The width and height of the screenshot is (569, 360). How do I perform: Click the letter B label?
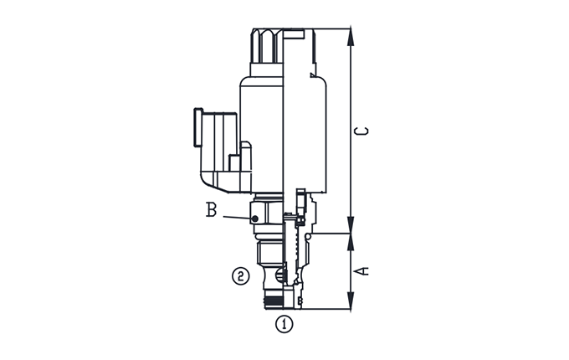tap(211, 210)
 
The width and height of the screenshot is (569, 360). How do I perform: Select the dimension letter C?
tap(361, 131)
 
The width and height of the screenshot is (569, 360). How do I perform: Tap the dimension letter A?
tap(361, 270)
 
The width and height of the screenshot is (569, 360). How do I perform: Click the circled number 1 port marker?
tap(284, 324)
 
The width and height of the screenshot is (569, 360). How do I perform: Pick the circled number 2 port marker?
tap(241, 276)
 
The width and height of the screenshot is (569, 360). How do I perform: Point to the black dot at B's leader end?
tap(254, 219)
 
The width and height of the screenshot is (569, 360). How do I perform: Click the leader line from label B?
tap(238, 218)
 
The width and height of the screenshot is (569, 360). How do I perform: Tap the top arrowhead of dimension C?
tap(350, 36)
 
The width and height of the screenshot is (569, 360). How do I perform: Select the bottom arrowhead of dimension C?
tap(350, 225)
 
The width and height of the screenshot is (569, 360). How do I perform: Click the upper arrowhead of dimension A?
tap(350, 242)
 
